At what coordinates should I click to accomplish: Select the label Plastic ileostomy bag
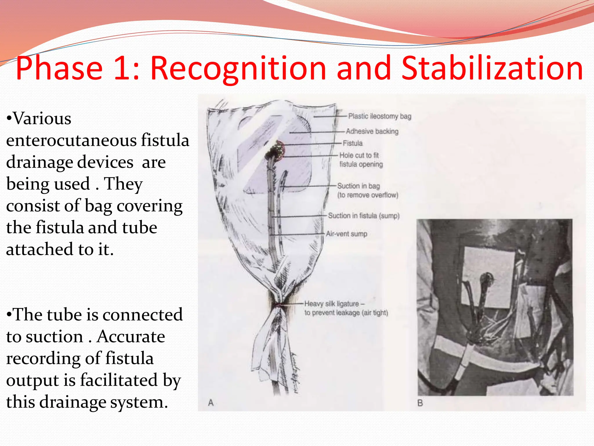point(379,116)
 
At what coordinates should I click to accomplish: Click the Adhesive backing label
point(372,131)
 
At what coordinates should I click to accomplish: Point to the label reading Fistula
point(352,143)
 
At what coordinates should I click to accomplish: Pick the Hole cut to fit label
point(359,155)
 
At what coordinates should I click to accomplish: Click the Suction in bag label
point(358,186)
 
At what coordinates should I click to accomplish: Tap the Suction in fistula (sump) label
point(364,216)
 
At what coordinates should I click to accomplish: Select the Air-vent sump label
point(346,234)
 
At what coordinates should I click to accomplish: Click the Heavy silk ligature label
point(332,304)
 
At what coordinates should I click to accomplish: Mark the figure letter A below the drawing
point(211,403)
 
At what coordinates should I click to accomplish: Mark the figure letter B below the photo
point(420,403)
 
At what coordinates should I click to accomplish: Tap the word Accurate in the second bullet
point(131,337)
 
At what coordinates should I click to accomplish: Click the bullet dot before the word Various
point(9,119)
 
